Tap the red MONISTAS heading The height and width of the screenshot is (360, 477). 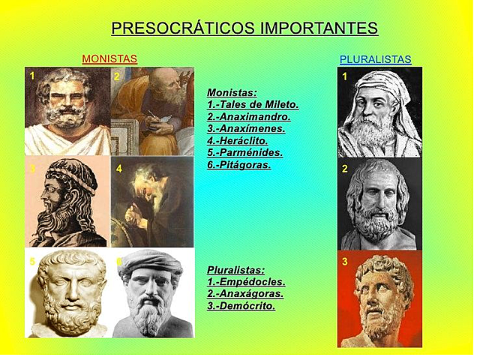pos(109,58)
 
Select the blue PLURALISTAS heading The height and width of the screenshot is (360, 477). pos(375,59)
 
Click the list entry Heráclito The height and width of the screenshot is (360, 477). pos(242,140)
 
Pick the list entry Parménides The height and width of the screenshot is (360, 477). pos(248,152)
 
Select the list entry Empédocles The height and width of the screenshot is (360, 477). pos(250,282)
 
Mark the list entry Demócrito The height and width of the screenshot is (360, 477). pos(245,306)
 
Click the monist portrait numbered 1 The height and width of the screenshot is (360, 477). pos(67,111)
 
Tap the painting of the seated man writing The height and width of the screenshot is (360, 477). pos(152,111)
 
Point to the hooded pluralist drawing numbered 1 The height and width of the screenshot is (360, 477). pos(379,112)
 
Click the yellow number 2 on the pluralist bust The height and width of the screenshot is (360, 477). pos(345,169)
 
